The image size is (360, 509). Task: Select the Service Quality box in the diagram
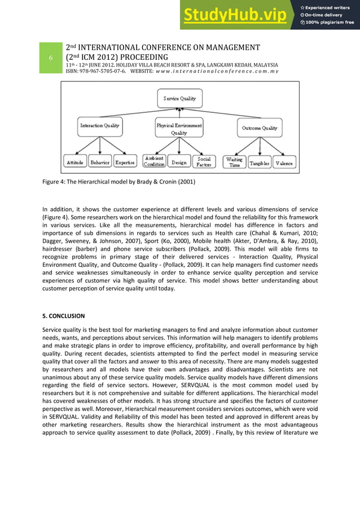(x=179, y=99)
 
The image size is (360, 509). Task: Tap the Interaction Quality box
(x=100, y=126)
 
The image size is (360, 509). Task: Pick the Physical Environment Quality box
(x=179, y=129)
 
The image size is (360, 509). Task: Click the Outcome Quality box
(x=260, y=128)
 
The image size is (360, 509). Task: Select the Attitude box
(x=75, y=163)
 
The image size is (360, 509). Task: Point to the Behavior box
(x=100, y=163)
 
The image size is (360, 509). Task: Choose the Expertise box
(x=125, y=163)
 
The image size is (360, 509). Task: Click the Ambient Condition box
(x=154, y=162)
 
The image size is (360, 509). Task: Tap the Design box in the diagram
(x=179, y=163)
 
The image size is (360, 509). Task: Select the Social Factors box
(x=204, y=162)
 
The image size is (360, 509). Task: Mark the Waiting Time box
(x=234, y=163)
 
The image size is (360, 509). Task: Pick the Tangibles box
(x=259, y=163)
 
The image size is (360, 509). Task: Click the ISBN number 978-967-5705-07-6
(x=103, y=78)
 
